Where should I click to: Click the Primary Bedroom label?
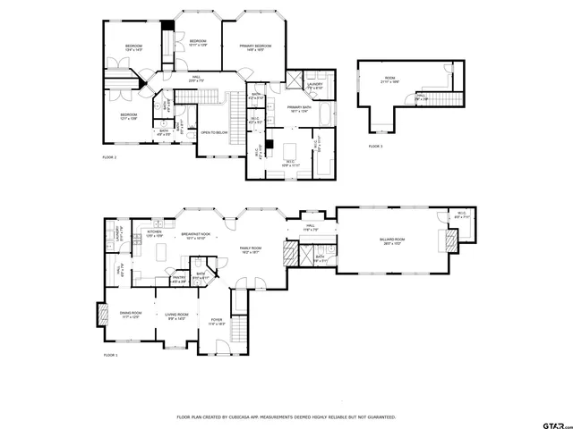coord(255,47)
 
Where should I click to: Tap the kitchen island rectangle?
coord(162,253)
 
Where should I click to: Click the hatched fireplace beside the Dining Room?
coord(100,315)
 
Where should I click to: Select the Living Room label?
coord(175,315)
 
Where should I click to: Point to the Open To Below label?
coord(213,132)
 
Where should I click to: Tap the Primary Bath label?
coord(298,109)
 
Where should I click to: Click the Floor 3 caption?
coord(375,146)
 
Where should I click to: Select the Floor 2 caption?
coord(109,156)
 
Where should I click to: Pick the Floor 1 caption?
coord(109,355)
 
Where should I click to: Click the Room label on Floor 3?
coord(389,80)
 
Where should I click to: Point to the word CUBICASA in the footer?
coord(236,417)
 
